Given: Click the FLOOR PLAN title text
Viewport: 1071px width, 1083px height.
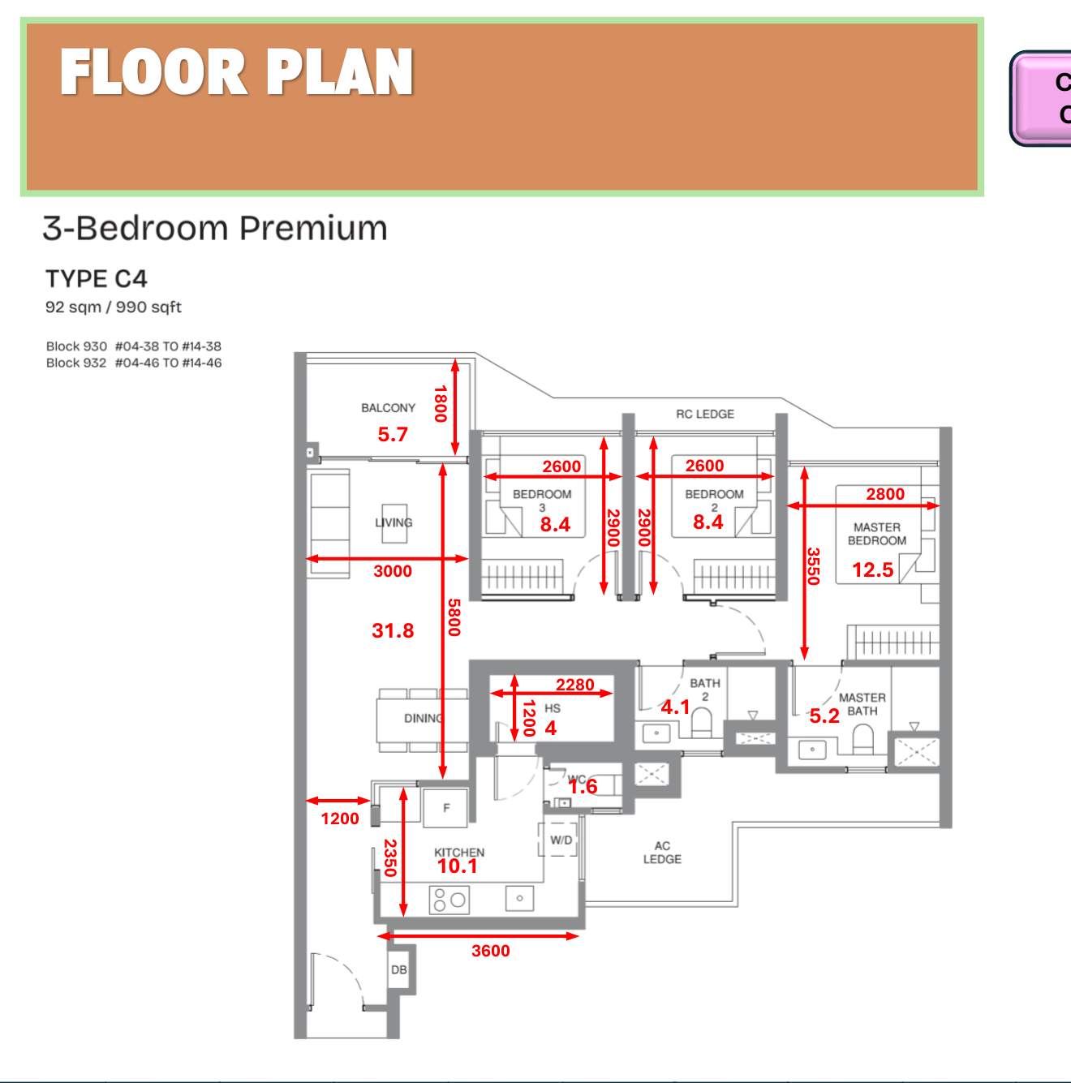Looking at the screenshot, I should [236, 72].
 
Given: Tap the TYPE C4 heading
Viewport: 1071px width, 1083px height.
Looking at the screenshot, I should [97, 279].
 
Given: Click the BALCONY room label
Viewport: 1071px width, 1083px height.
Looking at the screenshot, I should [388, 408].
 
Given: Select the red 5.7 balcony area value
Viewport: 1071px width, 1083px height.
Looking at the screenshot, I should [393, 435].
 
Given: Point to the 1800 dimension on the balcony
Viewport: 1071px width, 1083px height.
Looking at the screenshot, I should [441, 404].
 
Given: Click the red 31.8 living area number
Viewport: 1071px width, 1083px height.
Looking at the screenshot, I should [393, 630].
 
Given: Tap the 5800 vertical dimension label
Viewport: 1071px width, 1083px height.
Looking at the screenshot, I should [454, 617].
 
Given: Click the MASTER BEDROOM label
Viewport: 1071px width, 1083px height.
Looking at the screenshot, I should [877, 534].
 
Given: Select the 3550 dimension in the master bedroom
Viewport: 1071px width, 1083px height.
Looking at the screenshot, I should [814, 566].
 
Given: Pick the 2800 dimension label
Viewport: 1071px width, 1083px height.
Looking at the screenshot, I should [885, 494].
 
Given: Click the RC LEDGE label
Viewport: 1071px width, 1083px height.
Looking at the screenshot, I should [705, 414].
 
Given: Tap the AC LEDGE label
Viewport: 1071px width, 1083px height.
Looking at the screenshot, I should [662, 853].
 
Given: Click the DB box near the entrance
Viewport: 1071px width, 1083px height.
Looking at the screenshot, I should [399, 969].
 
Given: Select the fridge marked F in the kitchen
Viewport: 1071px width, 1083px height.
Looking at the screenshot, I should [446, 808].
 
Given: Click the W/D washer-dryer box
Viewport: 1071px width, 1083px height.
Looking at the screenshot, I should [561, 840].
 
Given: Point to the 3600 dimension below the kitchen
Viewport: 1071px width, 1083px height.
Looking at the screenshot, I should [491, 951].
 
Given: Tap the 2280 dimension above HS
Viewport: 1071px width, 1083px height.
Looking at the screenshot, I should [575, 685].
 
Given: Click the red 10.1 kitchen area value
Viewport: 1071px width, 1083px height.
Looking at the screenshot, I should [458, 866].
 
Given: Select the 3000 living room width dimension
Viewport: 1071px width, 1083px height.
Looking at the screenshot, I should [393, 571].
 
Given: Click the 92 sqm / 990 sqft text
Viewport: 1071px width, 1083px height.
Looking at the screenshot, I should [114, 307].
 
